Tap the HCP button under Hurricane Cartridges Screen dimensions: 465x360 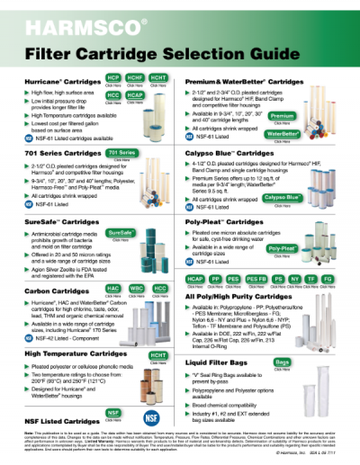click(115, 79)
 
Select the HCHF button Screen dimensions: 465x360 click(136, 79)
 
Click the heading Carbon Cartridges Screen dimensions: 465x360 click(43, 291)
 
